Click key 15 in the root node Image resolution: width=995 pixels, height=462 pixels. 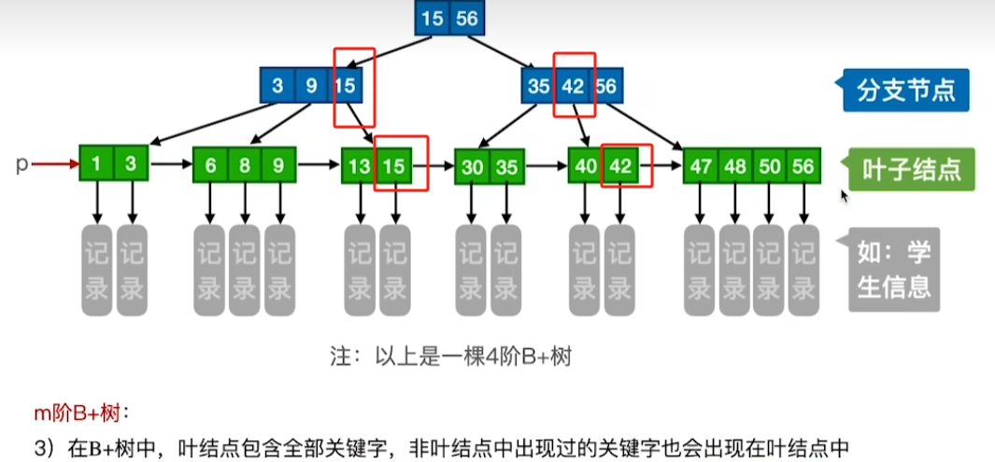click(x=433, y=19)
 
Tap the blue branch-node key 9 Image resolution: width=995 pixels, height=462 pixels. click(x=311, y=88)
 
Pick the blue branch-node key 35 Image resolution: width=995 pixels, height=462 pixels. click(x=538, y=88)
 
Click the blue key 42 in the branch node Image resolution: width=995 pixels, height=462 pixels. click(x=572, y=88)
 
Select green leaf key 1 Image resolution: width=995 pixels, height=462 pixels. click(x=96, y=165)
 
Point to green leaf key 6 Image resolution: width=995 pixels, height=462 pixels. click(x=210, y=166)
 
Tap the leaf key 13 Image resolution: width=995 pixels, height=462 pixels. click(x=359, y=166)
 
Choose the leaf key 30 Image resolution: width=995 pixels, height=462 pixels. click(x=472, y=167)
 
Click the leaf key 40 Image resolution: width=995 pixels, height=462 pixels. click(x=586, y=166)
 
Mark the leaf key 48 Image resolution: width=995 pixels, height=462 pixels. click(x=735, y=166)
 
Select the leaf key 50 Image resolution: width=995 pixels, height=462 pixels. click(x=770, y=166)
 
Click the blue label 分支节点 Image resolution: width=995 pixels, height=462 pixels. click(x=904, y=91)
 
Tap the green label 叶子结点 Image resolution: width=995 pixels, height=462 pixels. click(x=904, y=169)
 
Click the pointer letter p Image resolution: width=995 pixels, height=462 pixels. click(x=21, y=164)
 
